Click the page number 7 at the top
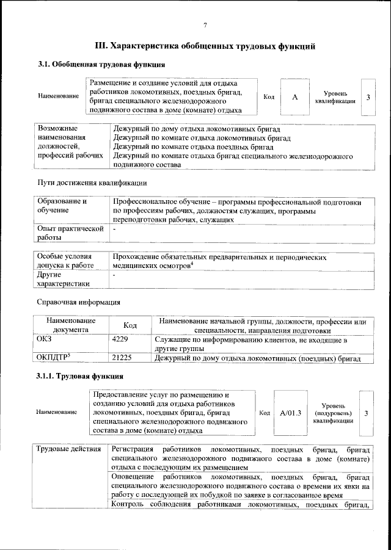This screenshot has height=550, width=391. point(205,24)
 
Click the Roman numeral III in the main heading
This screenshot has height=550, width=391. point(101,45)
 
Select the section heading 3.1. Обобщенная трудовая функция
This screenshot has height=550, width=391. point(101,65)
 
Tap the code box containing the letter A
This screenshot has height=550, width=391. point(294,96)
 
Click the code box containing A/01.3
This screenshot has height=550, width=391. point(291,413)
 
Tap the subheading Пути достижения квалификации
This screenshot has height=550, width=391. point(92,183)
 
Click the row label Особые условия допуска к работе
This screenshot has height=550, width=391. point(65,262)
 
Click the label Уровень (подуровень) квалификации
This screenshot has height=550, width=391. point(333,413)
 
